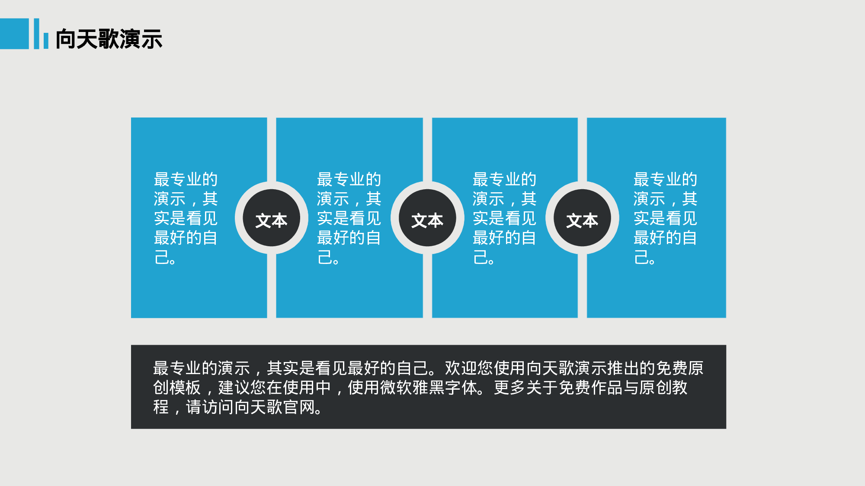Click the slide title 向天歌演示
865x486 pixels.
coord(109,39)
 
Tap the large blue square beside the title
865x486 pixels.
coord(14,34)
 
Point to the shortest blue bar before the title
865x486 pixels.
coord(46,41)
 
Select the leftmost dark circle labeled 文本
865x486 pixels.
coord(272,218)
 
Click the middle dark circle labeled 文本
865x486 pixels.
coord(427,218)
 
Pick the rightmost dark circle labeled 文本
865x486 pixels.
coord(582,218)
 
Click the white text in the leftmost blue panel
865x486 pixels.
coord(186,218)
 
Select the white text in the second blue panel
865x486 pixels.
coord(349,218)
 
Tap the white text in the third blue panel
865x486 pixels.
coord(505,218)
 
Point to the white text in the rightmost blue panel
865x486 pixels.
coord(666,218)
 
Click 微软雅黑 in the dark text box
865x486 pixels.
coord(413,388)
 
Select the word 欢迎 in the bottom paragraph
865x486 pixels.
coord(461,368)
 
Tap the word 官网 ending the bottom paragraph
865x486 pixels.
coord(299,407)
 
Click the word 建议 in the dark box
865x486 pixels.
coord(234,388)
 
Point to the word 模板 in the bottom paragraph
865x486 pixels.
coord(186,388)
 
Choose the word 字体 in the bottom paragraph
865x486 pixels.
coord(461,388)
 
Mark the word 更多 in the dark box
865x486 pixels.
coord(510,388)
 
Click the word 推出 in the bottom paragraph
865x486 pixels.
coord(623,368)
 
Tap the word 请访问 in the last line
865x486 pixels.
coord(210,407)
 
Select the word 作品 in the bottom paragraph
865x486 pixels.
coord(607,388)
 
